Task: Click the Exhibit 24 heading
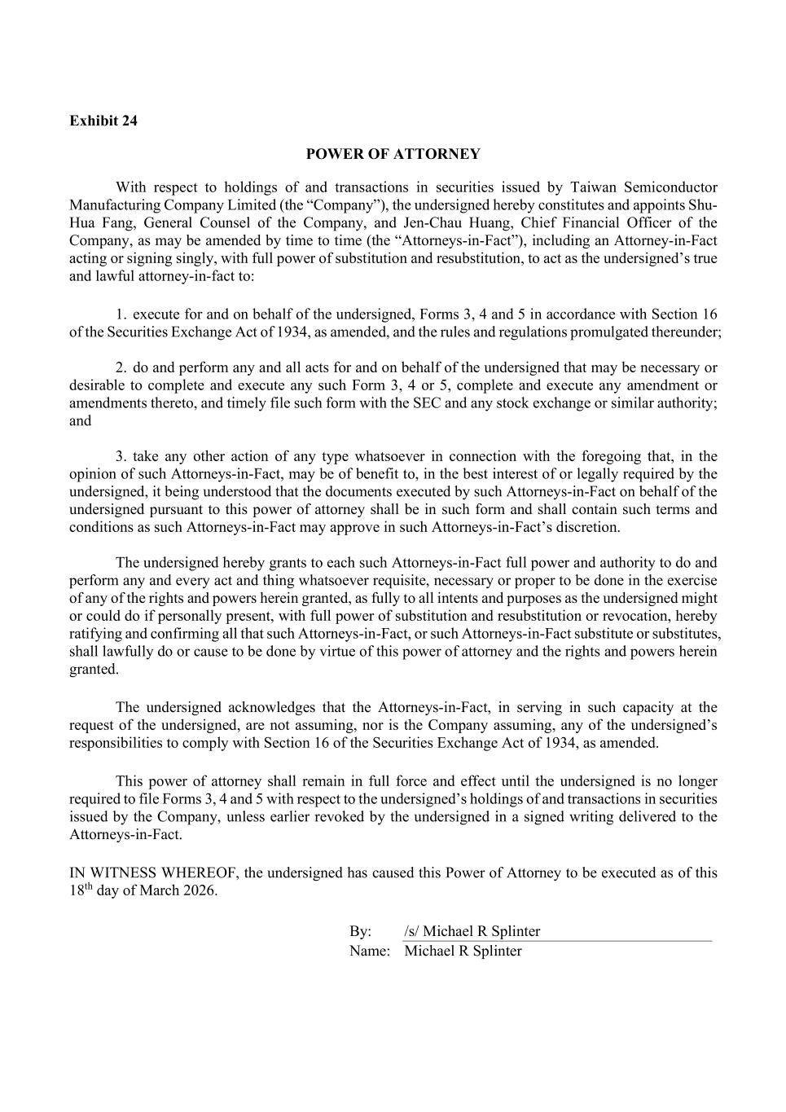click(103, 121)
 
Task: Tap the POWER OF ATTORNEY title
click(393, 154)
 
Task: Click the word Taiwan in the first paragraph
click(570, 187)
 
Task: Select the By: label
click(361, 931)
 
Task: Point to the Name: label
click(370, 951)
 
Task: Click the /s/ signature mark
click(411, 931)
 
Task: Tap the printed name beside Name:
click(463, 951)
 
